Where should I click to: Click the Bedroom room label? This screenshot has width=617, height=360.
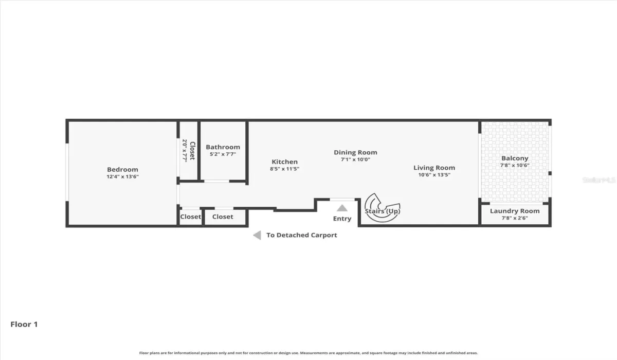pos(122,170)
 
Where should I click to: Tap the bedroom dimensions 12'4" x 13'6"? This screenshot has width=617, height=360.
pos(122,177)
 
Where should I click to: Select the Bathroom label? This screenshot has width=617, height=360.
pos(223,147)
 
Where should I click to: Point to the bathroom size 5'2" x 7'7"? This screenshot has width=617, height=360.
pos(223,154)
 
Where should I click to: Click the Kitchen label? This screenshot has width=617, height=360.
pos(284,162)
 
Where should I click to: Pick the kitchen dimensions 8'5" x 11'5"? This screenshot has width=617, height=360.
pos(284,169)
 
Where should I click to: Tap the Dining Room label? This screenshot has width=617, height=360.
pos(355,152)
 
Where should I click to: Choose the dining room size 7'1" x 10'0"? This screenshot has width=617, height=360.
pos(355,159)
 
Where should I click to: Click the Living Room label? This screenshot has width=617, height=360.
pos(434,168)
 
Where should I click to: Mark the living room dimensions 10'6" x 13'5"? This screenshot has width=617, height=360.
pos(434,175)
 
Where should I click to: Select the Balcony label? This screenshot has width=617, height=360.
pos(515,158)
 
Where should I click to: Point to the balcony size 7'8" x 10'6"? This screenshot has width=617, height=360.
pos(515,166)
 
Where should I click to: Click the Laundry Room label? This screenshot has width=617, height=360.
pos(515,211)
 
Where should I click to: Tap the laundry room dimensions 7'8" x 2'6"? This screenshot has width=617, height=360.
pos(515,218)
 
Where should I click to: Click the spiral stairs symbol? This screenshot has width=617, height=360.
pos(380,208)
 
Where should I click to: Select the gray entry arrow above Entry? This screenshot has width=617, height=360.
pos(342,208)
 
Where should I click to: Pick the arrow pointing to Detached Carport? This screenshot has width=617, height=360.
pos(257,235)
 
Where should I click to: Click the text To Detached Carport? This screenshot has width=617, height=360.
pos(302,235)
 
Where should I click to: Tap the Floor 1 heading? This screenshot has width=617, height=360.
pos(24,325)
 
